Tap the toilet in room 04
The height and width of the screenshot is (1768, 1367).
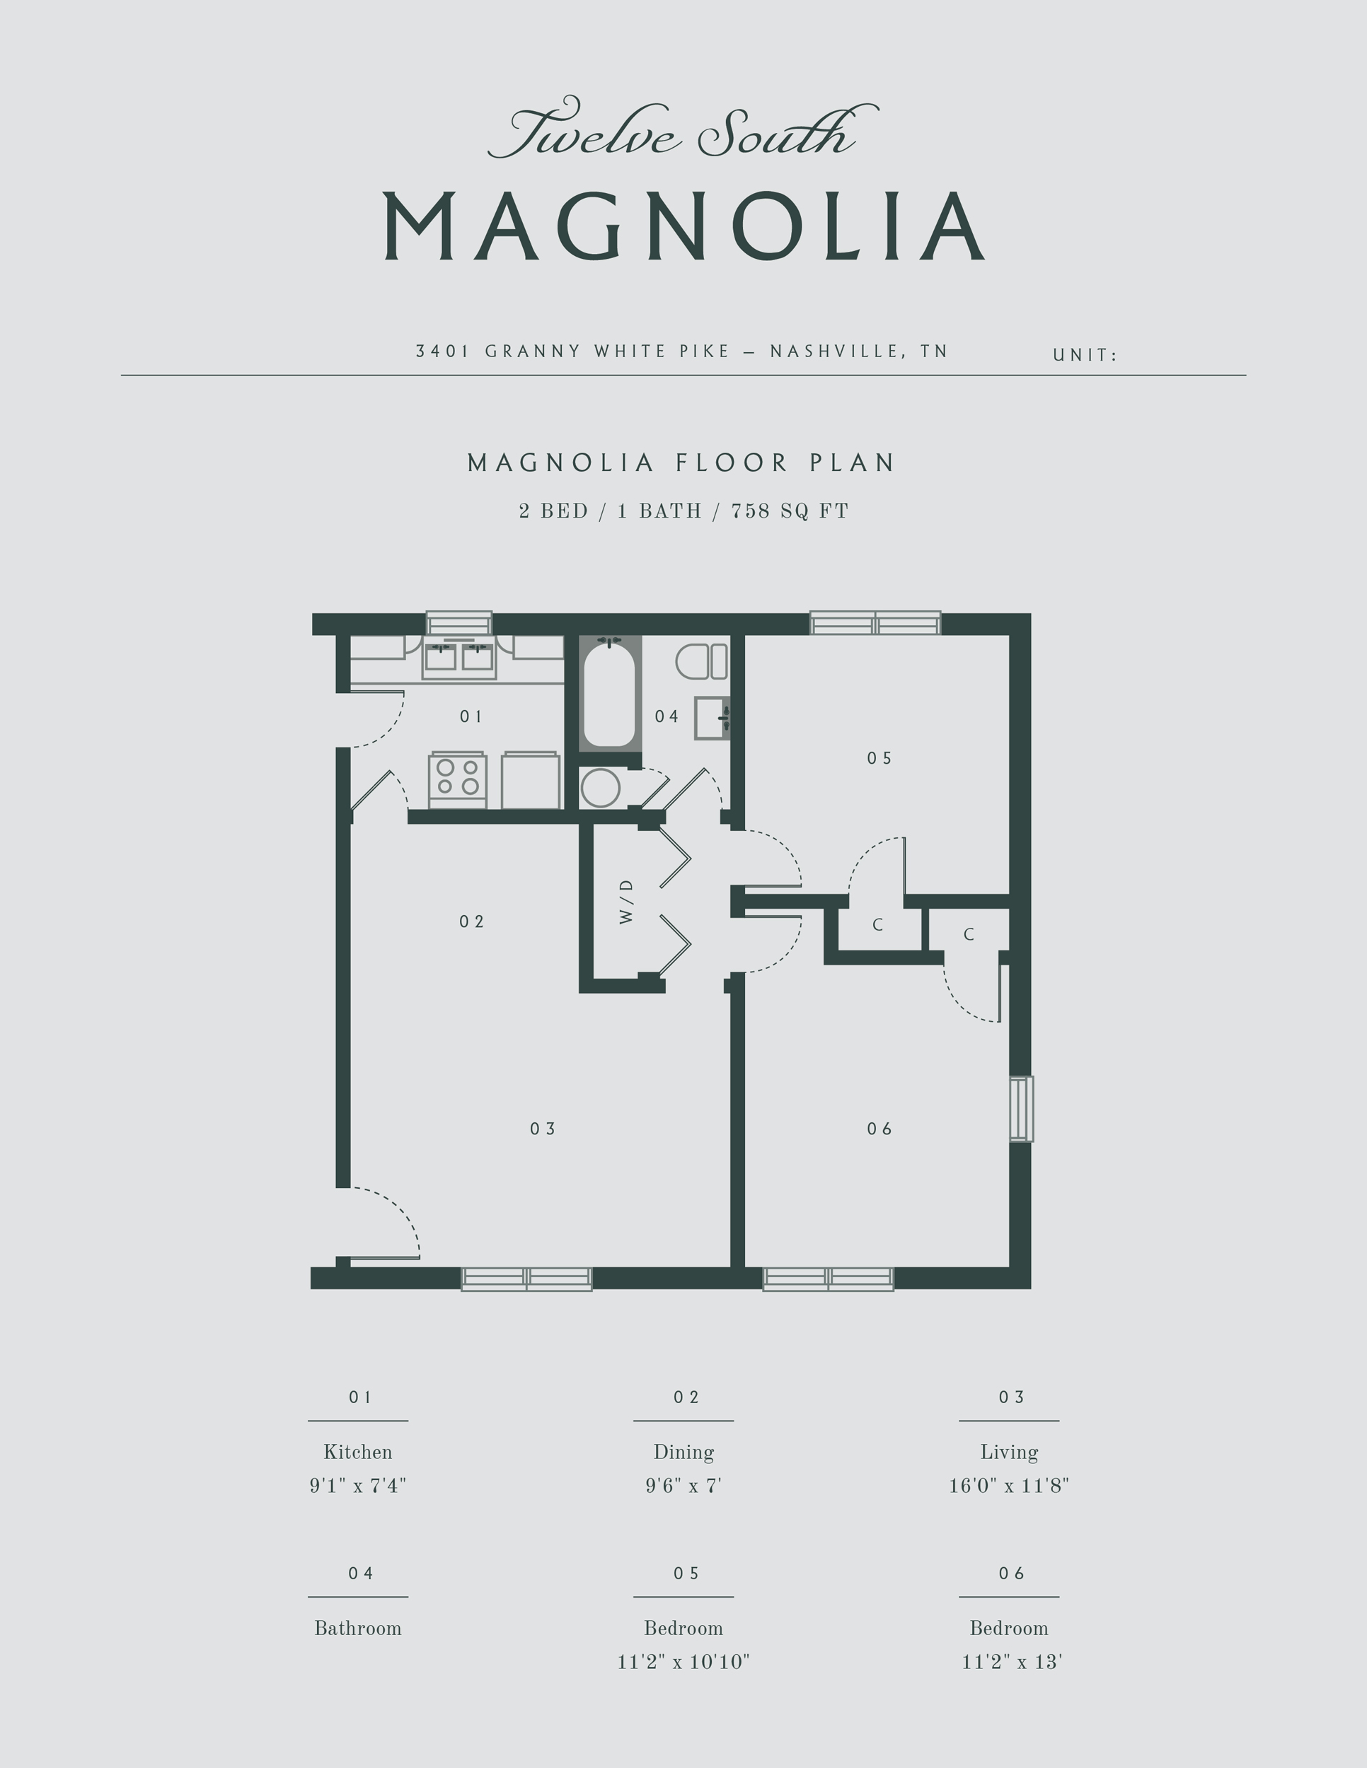pos(701,661)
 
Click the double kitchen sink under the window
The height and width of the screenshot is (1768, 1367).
pos(458,657)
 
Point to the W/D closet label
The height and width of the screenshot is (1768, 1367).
pos(626,901)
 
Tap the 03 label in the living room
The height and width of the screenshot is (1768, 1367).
pos(543,1129)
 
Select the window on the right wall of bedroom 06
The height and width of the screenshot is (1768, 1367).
pos(1021,1108)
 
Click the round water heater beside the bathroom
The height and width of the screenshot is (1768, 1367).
pos(600,788)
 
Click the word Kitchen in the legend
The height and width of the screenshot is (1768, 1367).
pos(358,1453)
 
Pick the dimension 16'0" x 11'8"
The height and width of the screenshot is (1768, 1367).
pos(1008,1486)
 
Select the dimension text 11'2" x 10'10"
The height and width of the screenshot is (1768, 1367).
pos(683,1662)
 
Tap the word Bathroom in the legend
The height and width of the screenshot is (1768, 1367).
pos(358,1628)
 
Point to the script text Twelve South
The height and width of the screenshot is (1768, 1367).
pos(682,131)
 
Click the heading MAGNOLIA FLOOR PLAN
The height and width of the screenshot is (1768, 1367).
pos(682,463)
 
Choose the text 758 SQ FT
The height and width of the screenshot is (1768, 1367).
pos(790,511)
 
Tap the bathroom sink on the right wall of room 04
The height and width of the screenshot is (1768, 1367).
pos(712,717)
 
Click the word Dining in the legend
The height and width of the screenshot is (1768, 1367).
pos(683,1453)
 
